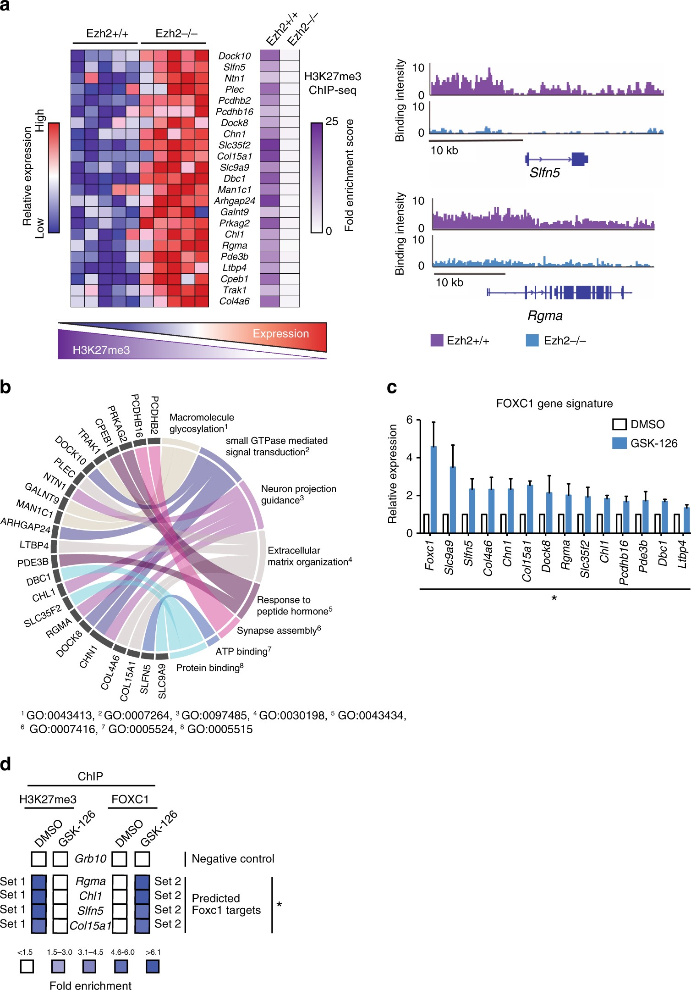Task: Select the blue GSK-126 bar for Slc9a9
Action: point(453,500)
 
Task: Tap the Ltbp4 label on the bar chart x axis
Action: point(683,554)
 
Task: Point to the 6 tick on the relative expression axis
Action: point(409,420)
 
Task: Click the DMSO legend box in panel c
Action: point(619,424)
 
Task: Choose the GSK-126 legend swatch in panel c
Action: point(619,443)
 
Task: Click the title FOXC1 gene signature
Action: point(554,404)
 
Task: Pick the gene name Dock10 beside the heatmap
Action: point(234,56)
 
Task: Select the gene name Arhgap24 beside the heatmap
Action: point(234,201)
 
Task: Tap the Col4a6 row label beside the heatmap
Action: point(234,301)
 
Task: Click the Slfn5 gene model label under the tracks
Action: point(544,173)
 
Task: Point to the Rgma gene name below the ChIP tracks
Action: point(544,315)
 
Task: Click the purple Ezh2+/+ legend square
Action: point(437,340)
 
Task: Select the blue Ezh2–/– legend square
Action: point(532,340)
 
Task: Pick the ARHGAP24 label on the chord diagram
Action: point(26,525)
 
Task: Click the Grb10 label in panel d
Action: point(90,859)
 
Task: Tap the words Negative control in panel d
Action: point(233,859)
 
